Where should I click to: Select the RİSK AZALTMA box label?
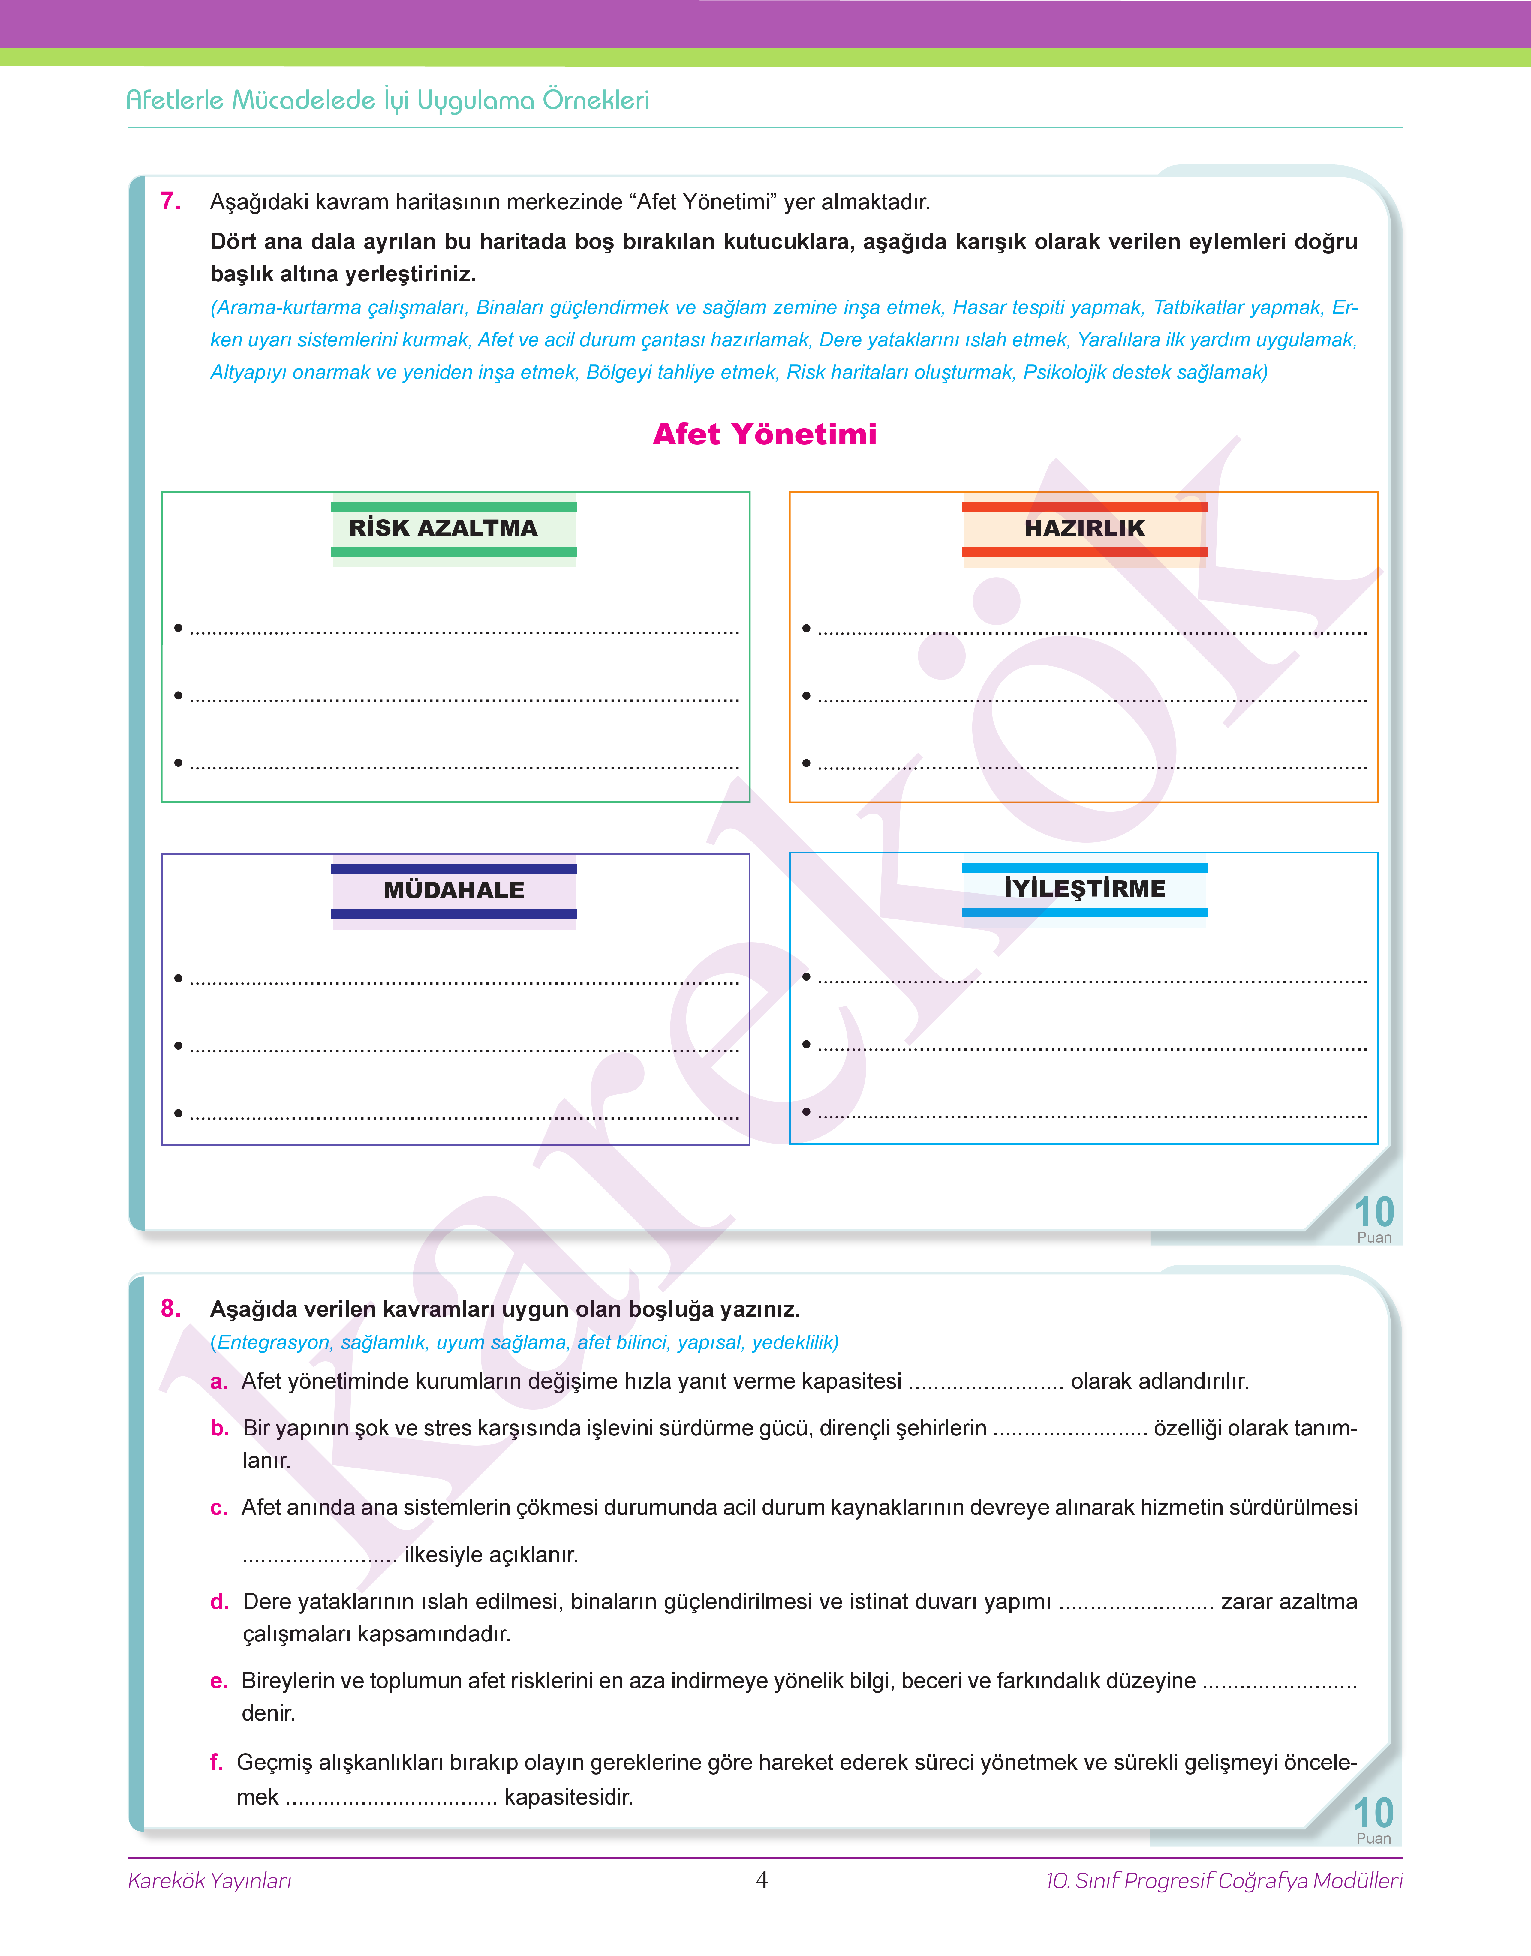(x=444, y=529)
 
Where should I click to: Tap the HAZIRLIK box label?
(x=1084, y=529)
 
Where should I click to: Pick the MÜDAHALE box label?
(x=453, y=891)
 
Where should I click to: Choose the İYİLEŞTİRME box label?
(x=1084, y=889)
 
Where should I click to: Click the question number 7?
(x=170, y=202)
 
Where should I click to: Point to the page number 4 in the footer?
(x=762, y=1880)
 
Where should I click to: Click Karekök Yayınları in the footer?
(x=210, y=1881)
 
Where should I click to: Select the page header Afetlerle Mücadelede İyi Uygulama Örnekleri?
(x=387, y=100)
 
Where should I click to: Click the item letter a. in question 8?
(x=219, y=1382)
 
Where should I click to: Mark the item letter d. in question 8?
(x=220, y=1602)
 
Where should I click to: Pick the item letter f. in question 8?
(x=216, y=1762)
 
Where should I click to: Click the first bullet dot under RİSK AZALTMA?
(x=178, y=628)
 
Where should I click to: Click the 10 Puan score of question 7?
(x=1373, y=1219)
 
